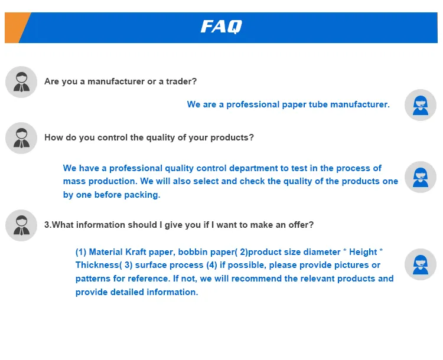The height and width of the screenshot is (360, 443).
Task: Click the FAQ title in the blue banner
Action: coord(221,27)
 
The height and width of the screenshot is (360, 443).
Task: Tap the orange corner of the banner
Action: coord(15,27)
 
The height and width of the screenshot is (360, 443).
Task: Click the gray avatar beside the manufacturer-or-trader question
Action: coord(21,82)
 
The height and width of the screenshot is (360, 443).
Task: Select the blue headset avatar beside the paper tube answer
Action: coord(421,105)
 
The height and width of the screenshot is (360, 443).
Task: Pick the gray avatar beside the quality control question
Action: coord(21,138)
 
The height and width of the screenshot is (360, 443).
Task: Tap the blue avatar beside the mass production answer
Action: coord(421,177)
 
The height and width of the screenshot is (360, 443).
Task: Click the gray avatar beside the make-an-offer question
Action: coord(21,225)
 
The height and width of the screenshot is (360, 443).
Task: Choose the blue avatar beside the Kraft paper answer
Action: coord(421,264)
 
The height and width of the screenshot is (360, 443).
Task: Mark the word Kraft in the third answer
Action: coord(136,252)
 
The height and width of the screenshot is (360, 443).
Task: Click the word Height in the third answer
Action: coord(363,252)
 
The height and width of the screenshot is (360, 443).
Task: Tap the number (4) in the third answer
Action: coord(211,265)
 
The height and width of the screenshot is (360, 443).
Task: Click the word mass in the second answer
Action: coord(74,181)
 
